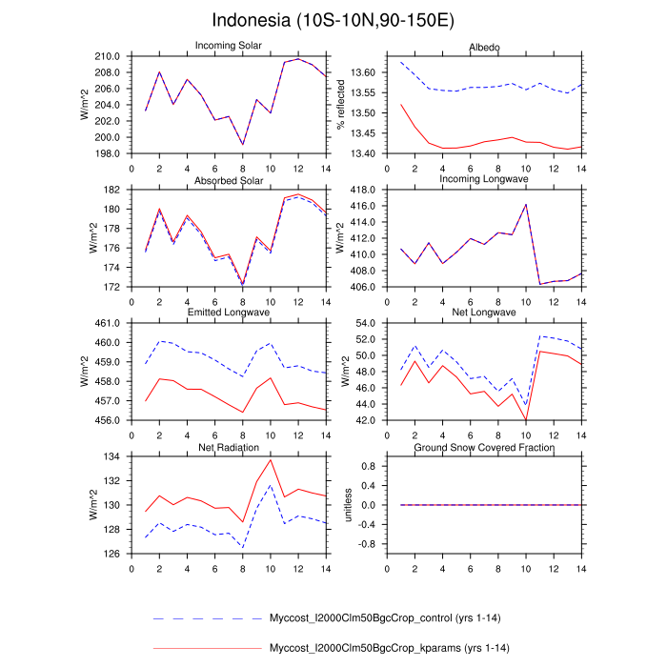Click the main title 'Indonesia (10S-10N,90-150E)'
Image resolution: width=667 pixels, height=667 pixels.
tap(333, 20)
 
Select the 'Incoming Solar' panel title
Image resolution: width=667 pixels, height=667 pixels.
tap(230, 46)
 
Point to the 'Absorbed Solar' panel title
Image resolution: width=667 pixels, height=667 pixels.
tap(230, 180)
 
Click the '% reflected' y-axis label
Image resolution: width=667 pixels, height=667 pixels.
tap(339, 105)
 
